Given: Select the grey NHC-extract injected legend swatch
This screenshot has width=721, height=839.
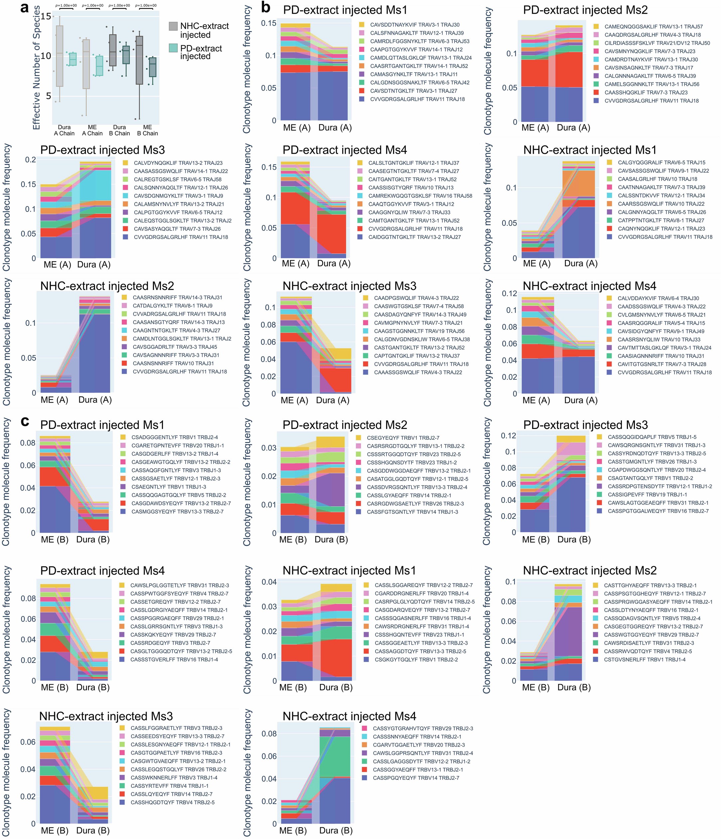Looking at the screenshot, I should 173,26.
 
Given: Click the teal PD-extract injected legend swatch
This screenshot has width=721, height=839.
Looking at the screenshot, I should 173,48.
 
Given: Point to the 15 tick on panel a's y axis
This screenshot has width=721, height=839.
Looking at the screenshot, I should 46,17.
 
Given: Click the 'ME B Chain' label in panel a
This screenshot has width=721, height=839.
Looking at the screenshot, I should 147,130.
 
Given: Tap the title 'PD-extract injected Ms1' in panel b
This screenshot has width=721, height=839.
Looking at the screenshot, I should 345,10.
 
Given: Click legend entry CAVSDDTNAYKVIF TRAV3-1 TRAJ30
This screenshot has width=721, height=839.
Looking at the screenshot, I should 415,25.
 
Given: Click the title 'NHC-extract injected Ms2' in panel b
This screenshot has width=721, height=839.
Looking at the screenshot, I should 107,286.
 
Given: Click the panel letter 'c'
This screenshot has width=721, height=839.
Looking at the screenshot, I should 25,422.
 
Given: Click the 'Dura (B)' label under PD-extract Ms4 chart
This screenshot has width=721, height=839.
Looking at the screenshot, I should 93,687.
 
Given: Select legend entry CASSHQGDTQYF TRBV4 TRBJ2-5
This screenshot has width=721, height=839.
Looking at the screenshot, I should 172,802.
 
